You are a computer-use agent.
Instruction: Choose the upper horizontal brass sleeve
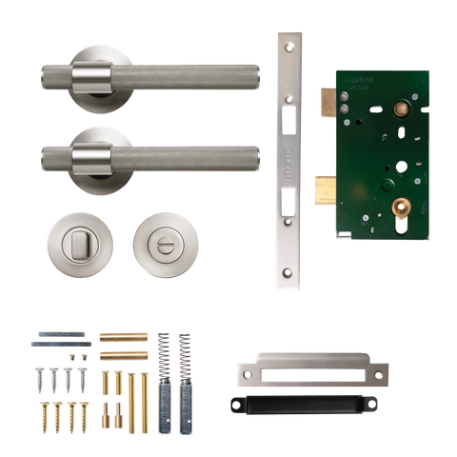click(x=124, y=336)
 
